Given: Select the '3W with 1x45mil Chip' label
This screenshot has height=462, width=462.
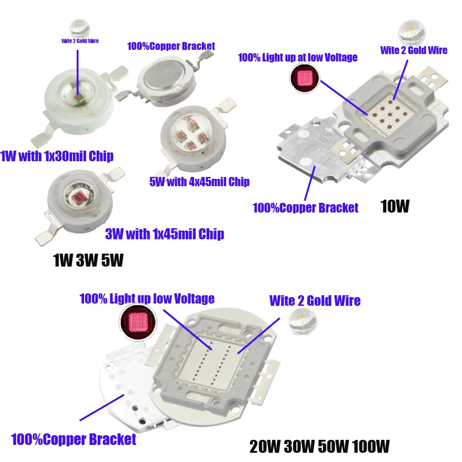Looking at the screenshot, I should pos(165,234).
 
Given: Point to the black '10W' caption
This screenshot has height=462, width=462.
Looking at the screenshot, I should pos(395,207).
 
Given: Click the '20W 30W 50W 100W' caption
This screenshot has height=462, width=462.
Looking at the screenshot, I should pos(319,447).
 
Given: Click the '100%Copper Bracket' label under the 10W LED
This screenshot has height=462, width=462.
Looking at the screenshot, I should pos(305,208).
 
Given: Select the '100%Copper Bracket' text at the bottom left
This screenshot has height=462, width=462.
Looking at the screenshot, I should pos(73,439).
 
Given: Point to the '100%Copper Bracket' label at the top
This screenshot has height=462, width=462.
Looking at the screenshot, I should pos(171,46).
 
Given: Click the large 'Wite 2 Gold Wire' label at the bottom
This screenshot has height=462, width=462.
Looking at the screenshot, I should pos(315,301).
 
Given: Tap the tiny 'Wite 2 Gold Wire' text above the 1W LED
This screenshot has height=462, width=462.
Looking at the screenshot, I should pos(80,41).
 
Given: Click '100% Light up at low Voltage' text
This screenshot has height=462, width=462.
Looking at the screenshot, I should pos(298,57).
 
